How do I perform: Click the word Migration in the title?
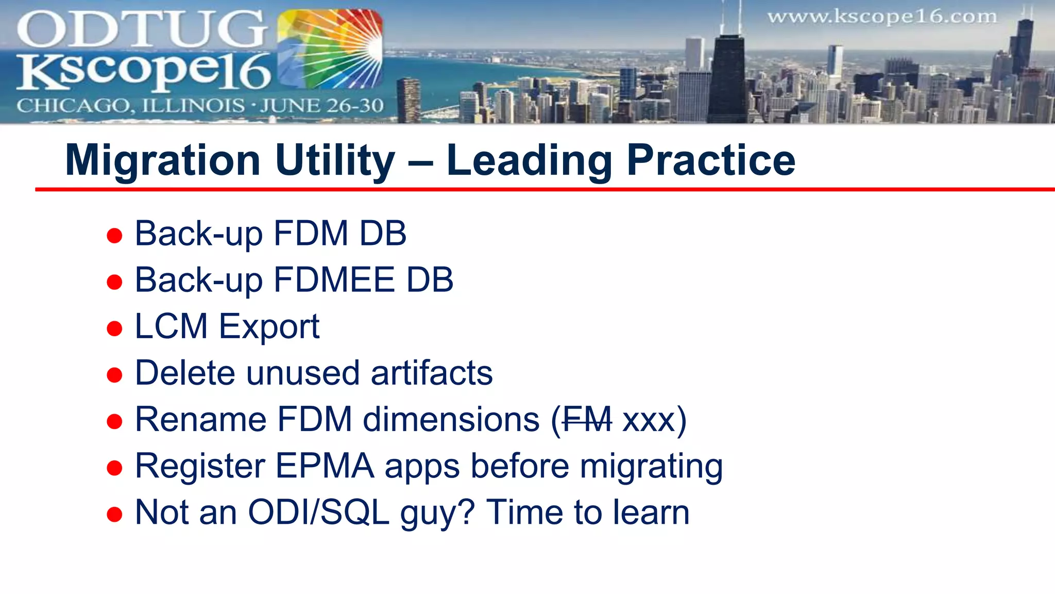point(163,161)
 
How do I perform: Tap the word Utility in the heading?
point(335,161)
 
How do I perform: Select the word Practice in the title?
point(711,161)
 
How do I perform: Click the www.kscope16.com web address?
point(882,17)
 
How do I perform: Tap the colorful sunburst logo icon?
point(330,49)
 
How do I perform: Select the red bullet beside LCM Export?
point(114,328)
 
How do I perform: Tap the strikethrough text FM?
point(587,420)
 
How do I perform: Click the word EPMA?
point(325,466)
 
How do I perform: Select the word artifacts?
point(431,373)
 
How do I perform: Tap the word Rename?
point(200,420)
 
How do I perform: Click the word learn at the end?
point(651,513)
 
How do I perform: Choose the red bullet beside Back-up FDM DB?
point(114,236)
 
